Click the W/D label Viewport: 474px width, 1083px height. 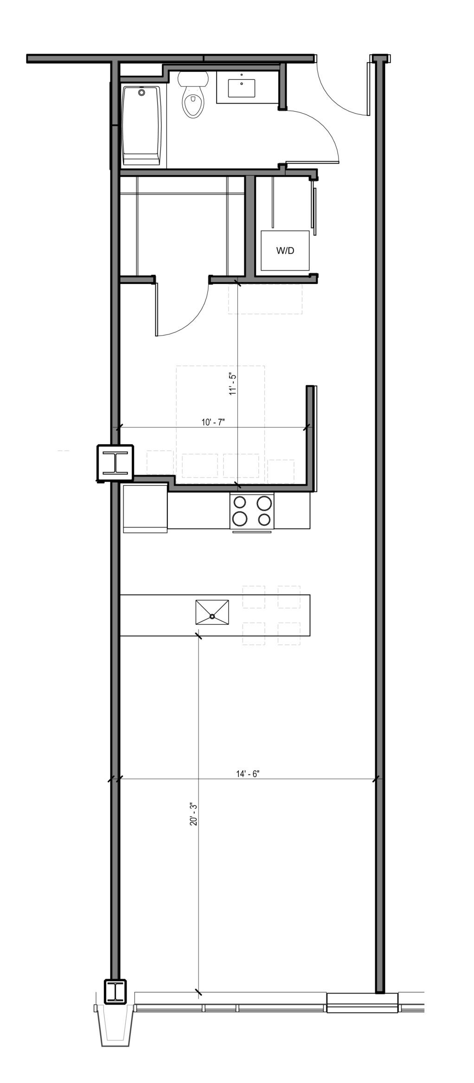(285, 251)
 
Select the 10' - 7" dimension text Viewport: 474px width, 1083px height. (213, 422)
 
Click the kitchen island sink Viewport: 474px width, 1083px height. (212, 616)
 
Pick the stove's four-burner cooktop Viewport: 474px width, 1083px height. (252, 511)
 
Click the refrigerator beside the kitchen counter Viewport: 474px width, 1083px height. (145, 509)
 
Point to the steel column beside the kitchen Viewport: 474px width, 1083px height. (115, 463)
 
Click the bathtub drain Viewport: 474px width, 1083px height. (142, 93)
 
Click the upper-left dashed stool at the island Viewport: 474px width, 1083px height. (254, 597)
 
